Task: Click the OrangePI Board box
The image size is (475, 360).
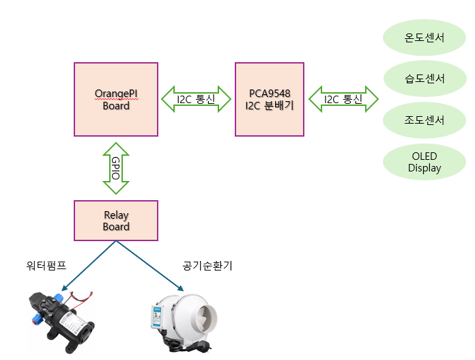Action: [116, 99]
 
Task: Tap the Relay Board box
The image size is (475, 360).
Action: [116, 221]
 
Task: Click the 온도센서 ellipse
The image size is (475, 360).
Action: [424, 37]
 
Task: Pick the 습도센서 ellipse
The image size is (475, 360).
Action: [424, 79]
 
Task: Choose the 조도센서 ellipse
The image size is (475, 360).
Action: [424, 120]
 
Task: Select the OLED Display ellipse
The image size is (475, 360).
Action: [424, 162]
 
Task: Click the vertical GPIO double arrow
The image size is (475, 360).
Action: [116, 168]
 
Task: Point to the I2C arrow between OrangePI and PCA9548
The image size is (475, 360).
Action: [197, 99]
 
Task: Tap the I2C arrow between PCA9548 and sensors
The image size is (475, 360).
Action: [343, 99]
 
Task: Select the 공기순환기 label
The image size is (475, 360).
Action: [207, 266]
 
